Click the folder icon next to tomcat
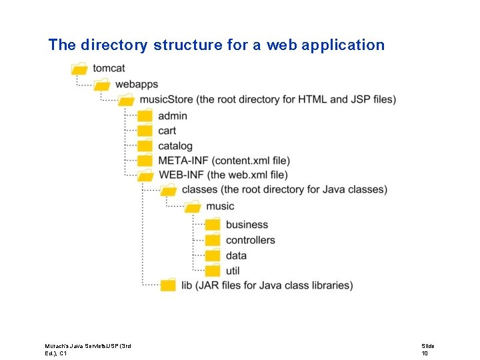coord(79,68)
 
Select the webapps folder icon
coord(102,84)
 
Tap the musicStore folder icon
coord(126,100)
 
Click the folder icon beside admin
coord(145,115)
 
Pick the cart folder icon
coord(145,131)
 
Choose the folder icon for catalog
coord(145,145)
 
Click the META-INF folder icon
coord(145,161)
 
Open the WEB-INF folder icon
coord(145,175)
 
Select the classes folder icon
coord(169,190)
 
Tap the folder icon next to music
coord(193,207)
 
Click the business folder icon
coord(213,225)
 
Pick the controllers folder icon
coord(213,240)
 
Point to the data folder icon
coord(213,255)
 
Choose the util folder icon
coord(213,271)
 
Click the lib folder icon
coord(169,285)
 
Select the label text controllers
coord(250,240)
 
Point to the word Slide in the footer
coord(427,346)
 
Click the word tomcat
coord(109,68)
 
